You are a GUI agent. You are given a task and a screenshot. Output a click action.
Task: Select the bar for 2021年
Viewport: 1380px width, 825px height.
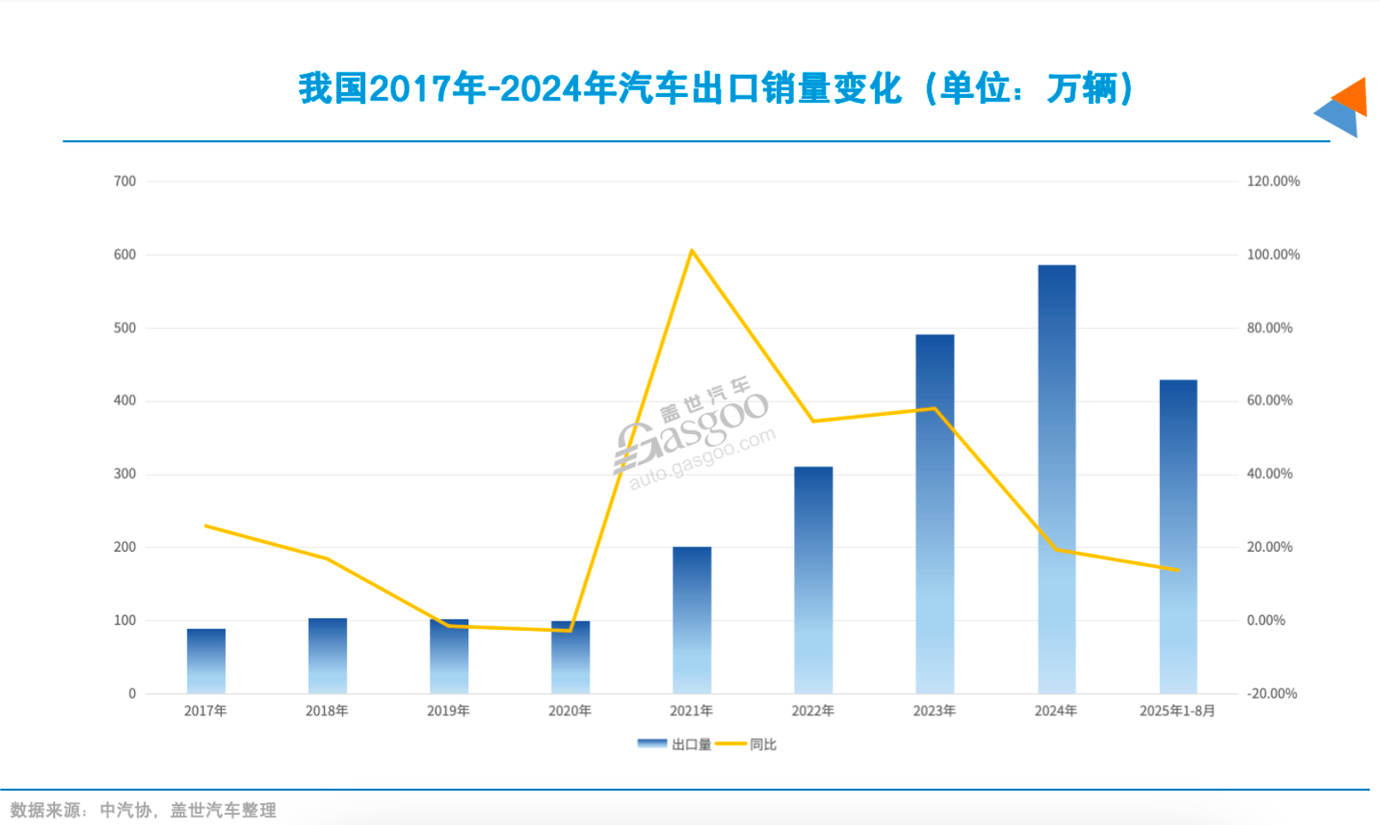click(x=692, y=620)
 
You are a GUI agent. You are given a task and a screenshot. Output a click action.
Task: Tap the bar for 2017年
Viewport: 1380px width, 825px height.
click(x=206, y=661)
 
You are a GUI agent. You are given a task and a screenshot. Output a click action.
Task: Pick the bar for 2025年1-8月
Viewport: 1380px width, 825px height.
click(x=1178, y=536)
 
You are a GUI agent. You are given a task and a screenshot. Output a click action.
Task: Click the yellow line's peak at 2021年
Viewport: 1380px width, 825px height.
click(x=692, y=251)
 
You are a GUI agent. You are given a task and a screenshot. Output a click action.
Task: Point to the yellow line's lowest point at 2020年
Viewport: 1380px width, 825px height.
click(x=570, y=631)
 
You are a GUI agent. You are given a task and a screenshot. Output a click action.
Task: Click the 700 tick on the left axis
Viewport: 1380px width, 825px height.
click(x=125, y=181)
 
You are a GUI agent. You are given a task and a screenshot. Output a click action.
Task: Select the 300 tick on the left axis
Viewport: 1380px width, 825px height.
click(x=125, y=474)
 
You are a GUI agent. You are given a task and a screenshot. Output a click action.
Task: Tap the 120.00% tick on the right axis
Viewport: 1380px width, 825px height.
click(x=1273, y=181)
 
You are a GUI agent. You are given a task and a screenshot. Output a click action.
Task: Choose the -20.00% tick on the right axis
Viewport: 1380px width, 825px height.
click(x=1272, y=694)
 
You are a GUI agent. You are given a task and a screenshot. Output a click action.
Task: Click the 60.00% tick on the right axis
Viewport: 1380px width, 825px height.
click(x=1269, y=400)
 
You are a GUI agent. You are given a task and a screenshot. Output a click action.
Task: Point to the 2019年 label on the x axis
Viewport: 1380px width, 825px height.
click(x=449, y=711)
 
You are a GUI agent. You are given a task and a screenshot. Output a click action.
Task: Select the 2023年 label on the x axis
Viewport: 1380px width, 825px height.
click(x=934, y=711)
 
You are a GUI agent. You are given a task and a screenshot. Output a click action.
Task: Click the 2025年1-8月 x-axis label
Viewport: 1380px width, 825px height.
click(x=1177, y=711)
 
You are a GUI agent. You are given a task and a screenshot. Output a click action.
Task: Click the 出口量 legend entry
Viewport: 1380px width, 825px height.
click(x=675, y=744)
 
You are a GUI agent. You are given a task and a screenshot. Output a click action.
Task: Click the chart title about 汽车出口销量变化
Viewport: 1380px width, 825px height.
click(x=716, y=89)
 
